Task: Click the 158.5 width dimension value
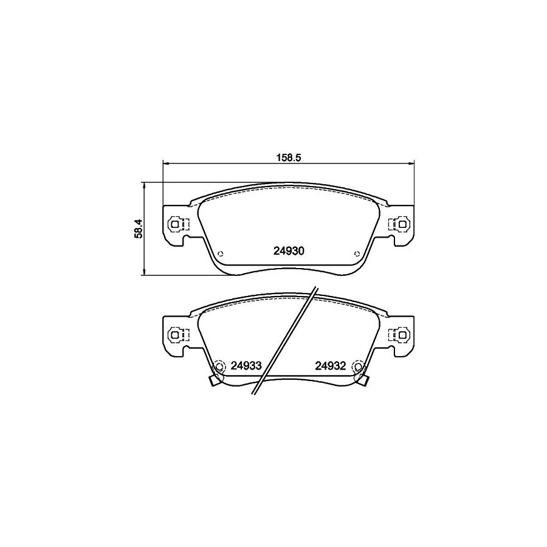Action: point(289,157)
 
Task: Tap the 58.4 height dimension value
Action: point(139,229)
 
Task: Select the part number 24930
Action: point(289,251)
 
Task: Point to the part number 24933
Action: point(246,366)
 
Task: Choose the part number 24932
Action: point(331,366)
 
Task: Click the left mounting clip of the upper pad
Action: point(177,224)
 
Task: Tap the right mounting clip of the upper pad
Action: point(399,224)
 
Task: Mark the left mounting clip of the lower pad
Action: point(177,335)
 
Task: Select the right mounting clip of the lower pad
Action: point(399,335)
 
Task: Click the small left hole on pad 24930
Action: point(219,253)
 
